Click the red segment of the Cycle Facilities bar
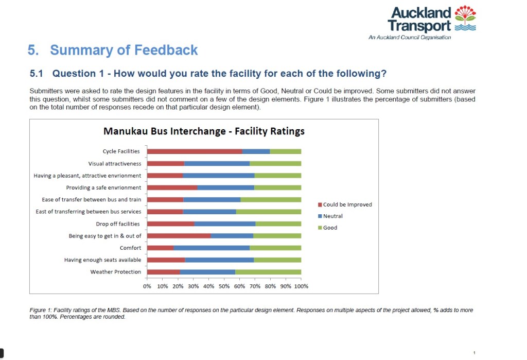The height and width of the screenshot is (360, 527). click(195, 151)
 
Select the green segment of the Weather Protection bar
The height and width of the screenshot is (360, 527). click(268, 272)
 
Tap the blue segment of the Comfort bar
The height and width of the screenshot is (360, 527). click(212, 248)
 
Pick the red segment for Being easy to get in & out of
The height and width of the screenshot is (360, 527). click(179, 236)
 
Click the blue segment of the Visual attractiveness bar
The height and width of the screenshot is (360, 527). click(217, 164)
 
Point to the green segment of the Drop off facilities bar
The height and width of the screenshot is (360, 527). click(278, 224)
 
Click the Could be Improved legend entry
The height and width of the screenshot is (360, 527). click(347, 204)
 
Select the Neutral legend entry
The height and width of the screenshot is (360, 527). click(332, 216)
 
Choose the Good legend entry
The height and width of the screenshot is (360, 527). click(330, 228)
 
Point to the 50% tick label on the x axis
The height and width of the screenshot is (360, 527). click(224, 286)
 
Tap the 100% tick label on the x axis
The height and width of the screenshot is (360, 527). click(301, 286)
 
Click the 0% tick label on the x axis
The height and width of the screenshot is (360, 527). click(147, 286)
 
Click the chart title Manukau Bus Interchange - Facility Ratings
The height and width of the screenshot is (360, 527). click(204, 131)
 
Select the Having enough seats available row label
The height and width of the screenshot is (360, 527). click(102, 260)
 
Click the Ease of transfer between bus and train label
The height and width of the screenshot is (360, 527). click(92, 200)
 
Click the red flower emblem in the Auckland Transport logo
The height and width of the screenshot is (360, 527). click(466, 14)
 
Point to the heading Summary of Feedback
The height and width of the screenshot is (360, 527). click(124, 50)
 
